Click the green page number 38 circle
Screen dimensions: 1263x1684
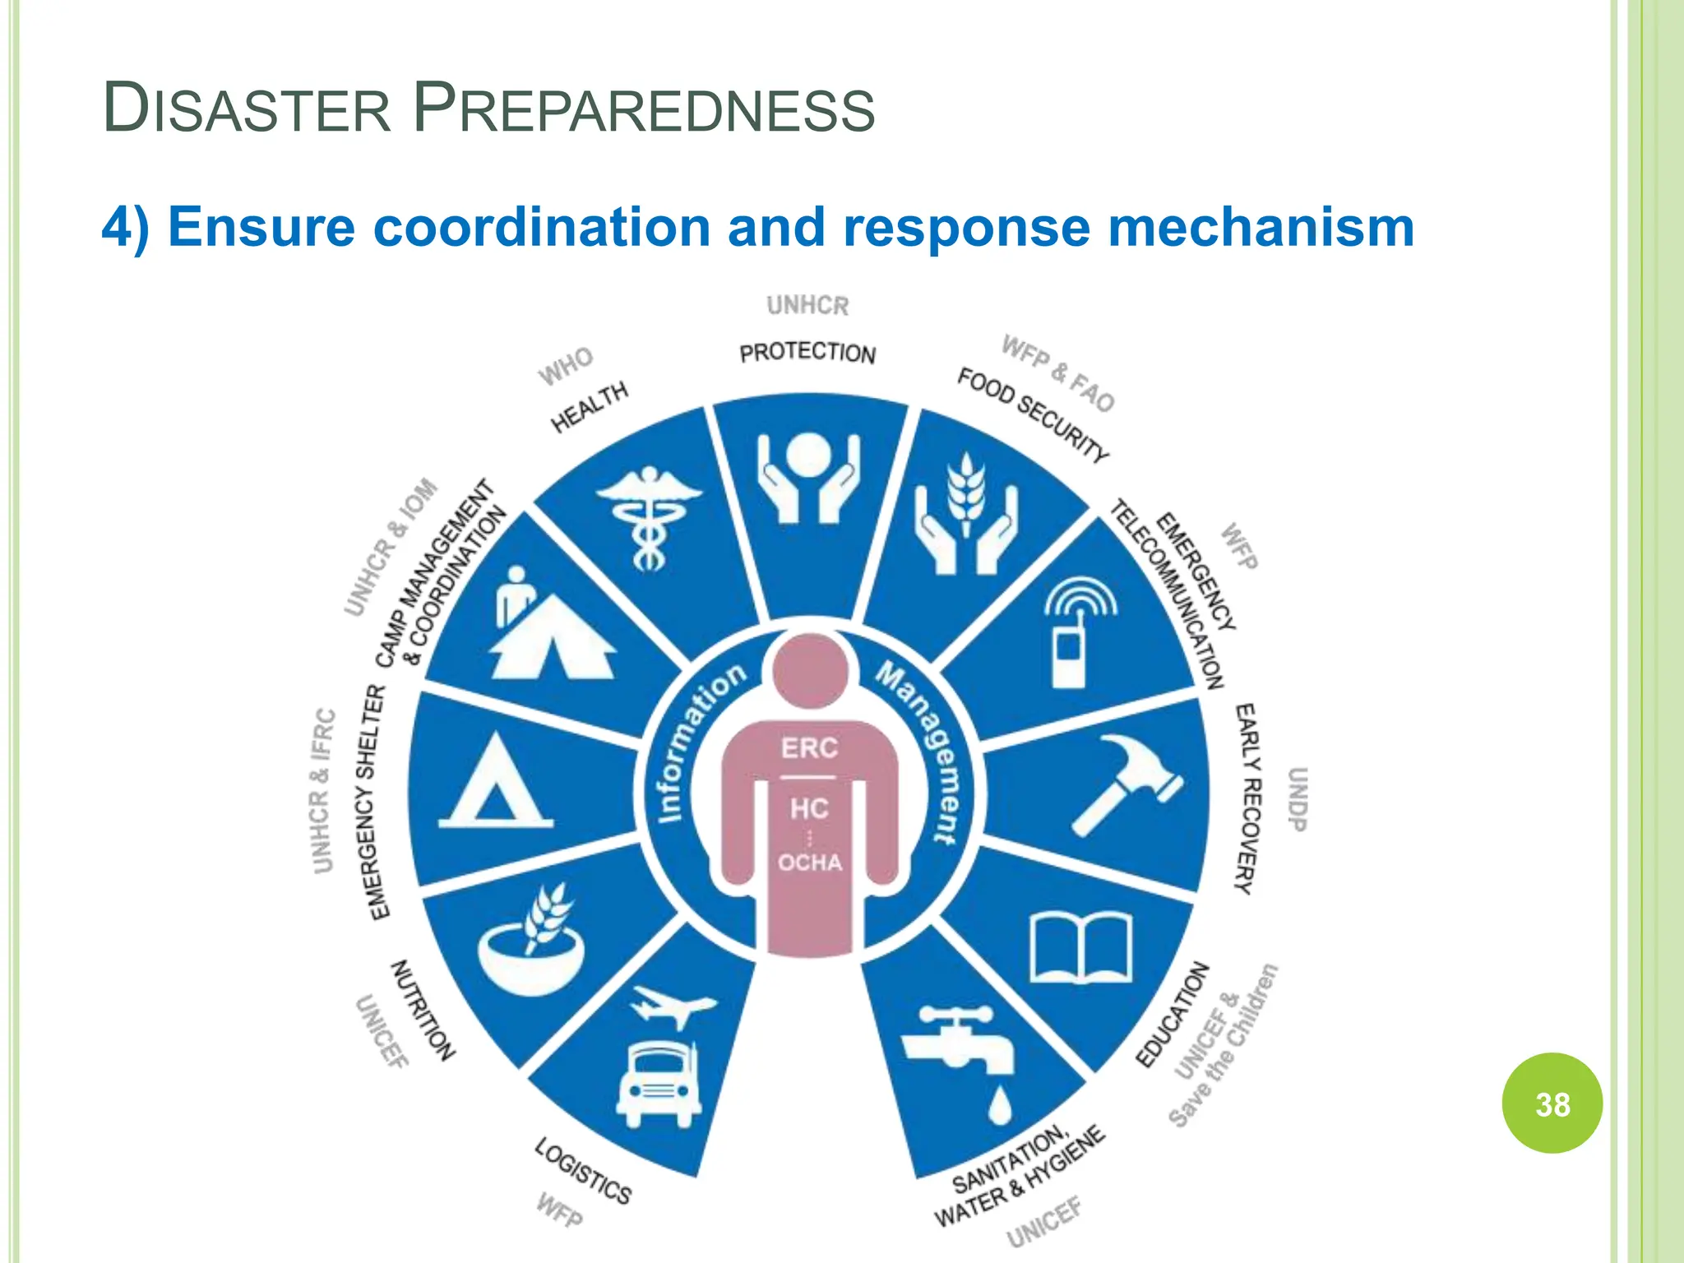click(x=1552, y=1103)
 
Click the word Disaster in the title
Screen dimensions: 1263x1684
click(x=247, y=109)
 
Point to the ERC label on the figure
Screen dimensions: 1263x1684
click(x=809, y=748)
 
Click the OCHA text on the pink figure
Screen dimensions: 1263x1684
click(x=810, y=863)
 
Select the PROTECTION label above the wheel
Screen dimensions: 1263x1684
click(x=807, y=353)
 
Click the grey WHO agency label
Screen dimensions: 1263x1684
click(x=566, y=366)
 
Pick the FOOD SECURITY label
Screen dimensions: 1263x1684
click(x=1033, y=414)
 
